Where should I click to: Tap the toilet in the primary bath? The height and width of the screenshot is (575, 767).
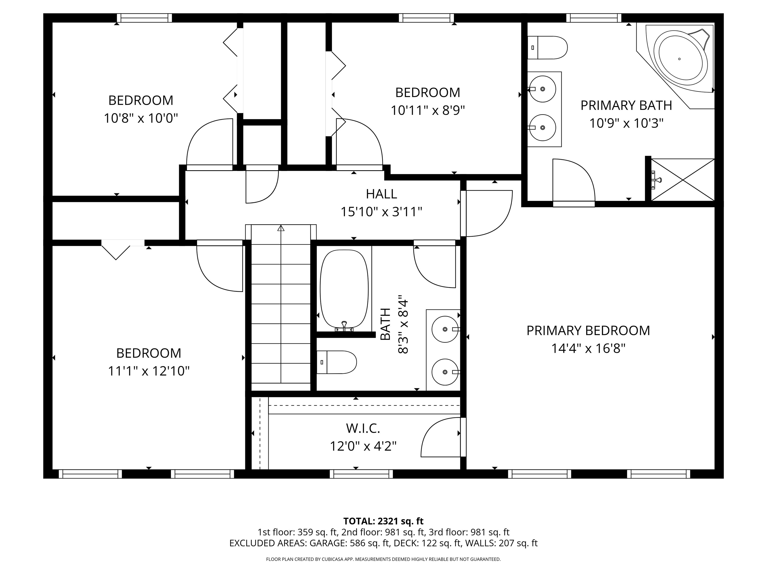pos(548,47)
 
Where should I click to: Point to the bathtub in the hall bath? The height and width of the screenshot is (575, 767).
pos(344,289)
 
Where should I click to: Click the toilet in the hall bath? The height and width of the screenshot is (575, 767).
pos(337,362)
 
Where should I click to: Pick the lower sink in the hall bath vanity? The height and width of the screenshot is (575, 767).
pos(445,372)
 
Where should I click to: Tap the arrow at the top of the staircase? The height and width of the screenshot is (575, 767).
pos(281,228)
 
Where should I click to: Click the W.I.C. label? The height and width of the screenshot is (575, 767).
pos(363,429)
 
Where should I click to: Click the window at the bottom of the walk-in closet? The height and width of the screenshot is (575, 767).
pos(361,474)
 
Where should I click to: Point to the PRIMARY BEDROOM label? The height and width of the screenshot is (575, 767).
pos(588,331)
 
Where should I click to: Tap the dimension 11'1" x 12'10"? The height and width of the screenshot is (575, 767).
pos(149,371)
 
